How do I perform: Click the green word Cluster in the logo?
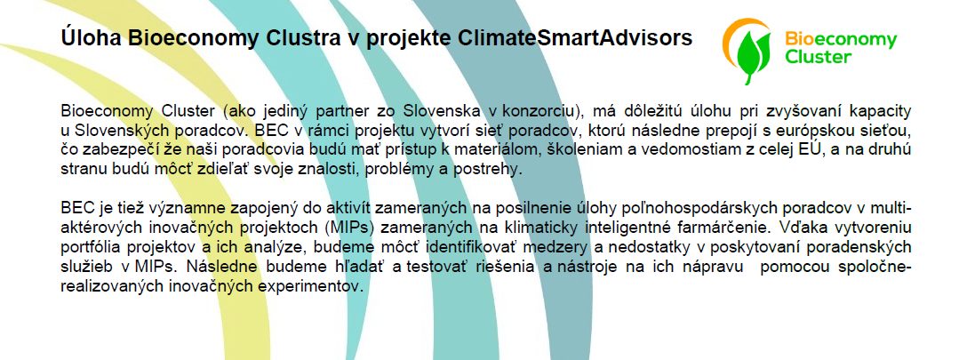point(818,57)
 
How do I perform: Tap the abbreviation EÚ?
point(813,149)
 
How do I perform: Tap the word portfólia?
point(92,247)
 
